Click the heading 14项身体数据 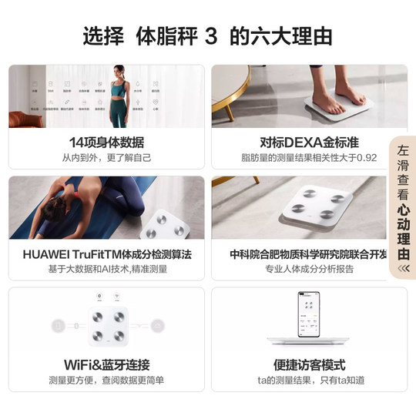coord(106,143)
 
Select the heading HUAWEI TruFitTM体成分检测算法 coord(106,254)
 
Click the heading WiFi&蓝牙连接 coord(106,365)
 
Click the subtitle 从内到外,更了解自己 coord(106,157)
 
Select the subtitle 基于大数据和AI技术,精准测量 coord(106,269)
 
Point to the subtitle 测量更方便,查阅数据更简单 coord(106,380)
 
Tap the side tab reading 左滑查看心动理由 coord(402,205)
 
